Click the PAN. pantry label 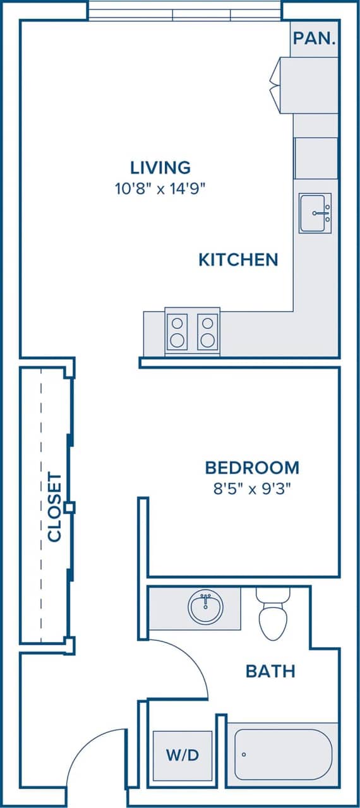tap(314, 38)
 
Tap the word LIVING tap(160, 167)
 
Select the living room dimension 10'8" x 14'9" tap(160, 187)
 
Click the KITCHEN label tap(238, 259)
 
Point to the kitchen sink tap(315, 213)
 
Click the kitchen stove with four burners tap(192, 332)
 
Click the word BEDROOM tap(251, 468)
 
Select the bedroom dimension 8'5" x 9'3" tap(251, 489)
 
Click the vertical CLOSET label tap(55, 507)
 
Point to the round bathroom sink tap(205, 608)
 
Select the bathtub tap(282, 754)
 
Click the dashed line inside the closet tap(41, 505)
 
